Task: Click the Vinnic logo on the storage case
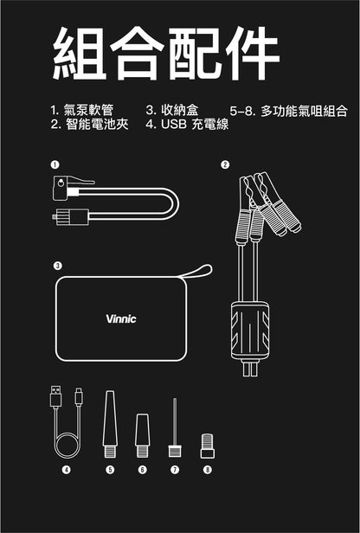[120, 318]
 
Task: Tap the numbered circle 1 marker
[55, 164]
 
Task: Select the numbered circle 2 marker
[225, 164]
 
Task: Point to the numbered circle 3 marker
[57, 266]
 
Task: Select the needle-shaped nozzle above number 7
[174, 424]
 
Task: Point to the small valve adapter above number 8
[206, 445]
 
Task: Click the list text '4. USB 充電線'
[186, 125]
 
